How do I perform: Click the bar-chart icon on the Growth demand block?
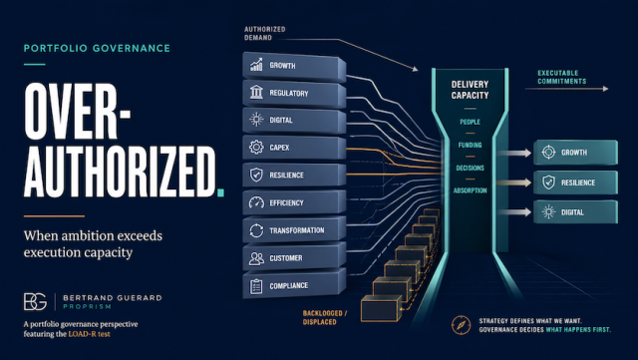coord(256,65)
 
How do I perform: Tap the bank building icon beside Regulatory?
coord(256,92)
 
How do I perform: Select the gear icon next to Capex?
coord(256,147)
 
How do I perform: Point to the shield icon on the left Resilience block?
coord(256,175)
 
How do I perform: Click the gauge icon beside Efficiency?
coord(256,202)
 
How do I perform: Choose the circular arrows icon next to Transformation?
coord(256,230)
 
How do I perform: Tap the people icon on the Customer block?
coord(256,258)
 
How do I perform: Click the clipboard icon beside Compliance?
coord(256,286)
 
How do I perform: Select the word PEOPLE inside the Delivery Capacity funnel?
coord(470,122)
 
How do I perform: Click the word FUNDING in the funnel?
coord(470,145)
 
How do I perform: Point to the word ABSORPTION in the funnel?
coord(470,190)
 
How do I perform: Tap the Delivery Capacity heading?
coord(470,90)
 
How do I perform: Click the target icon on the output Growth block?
coord(548,152)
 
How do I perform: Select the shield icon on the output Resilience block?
coord(548,182)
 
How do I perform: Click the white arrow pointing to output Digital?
coord(514,211)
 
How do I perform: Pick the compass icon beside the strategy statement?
coord(461,325)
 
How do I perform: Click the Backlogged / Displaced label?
coord(325,318)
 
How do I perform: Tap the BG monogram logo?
coord(35,302)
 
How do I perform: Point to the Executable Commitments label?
coord(562,77)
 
